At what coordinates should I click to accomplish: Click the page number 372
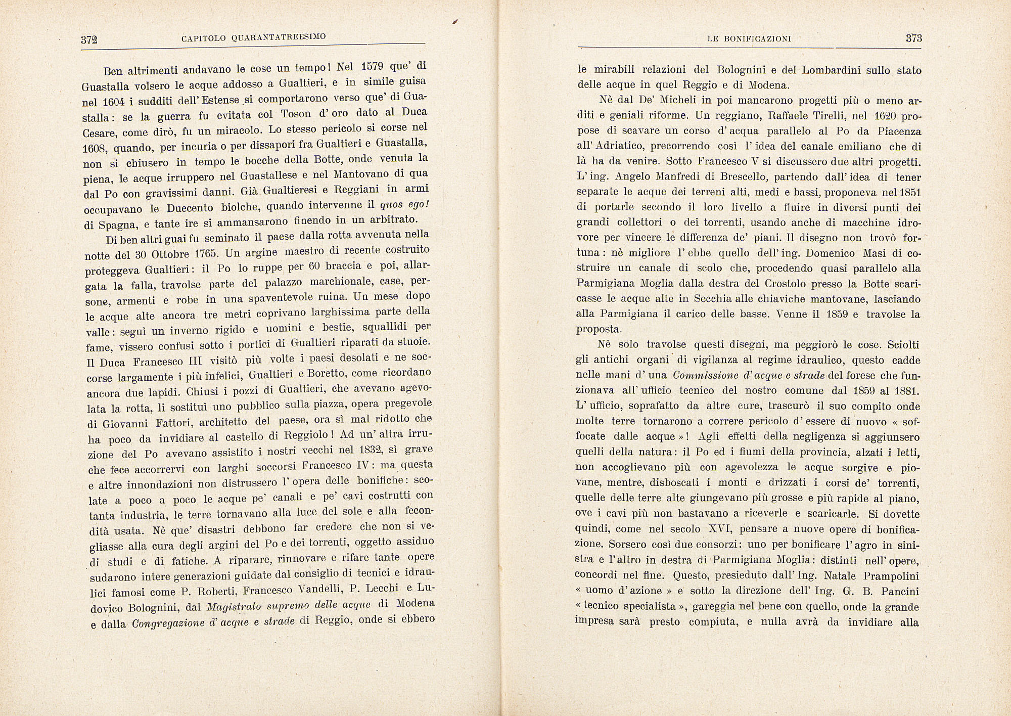(x=89, y=40)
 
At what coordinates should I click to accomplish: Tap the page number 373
(x=913, y=38)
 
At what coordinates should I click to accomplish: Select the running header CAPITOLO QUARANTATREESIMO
(x=254, y=38)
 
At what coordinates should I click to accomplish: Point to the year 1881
(x=906, y=391)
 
